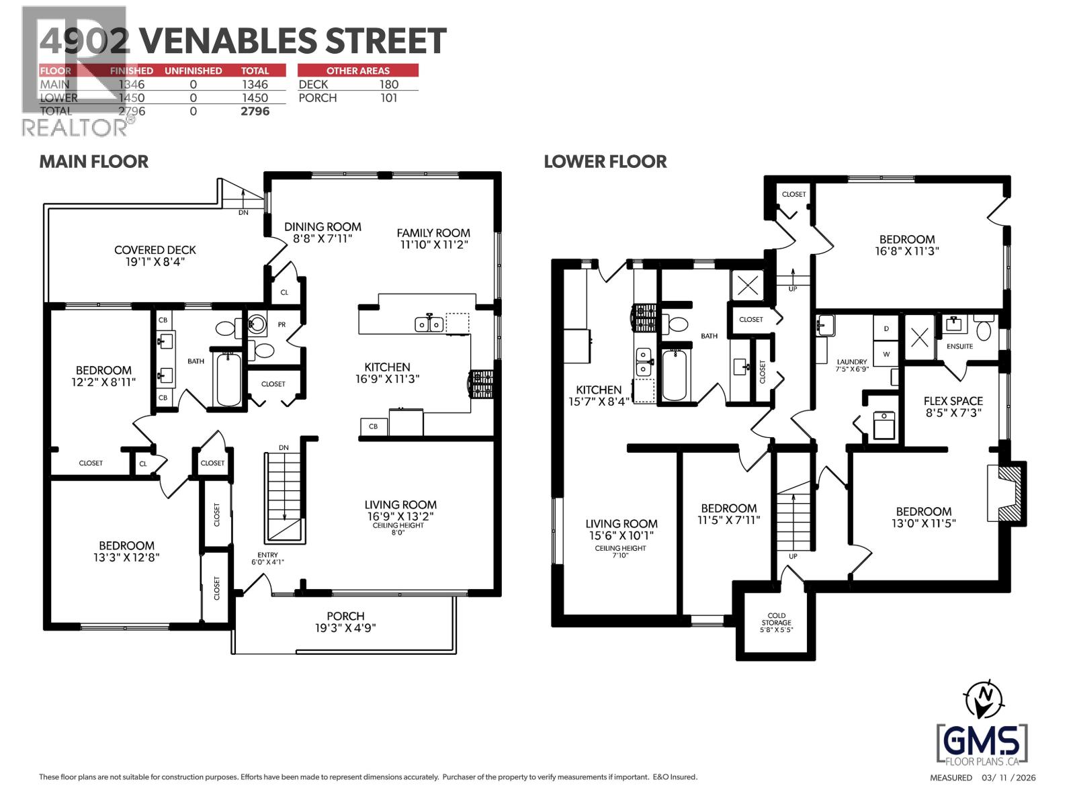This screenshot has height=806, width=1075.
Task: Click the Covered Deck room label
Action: pos(155,250)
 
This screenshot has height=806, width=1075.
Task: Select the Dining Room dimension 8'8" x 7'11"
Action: pos(322,238)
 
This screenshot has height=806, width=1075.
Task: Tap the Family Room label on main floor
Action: pos(433,233)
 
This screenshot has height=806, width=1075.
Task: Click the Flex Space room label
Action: pos(953,401)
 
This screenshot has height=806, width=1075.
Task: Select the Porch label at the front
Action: pos(345,616)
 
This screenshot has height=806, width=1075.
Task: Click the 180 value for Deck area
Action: pos(388,84)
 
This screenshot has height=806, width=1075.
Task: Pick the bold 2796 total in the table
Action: pos(255,111)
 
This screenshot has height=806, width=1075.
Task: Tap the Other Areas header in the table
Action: pos(357,71)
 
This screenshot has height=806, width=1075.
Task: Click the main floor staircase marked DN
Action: pos(285,497)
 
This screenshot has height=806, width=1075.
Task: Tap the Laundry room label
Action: pos(851,361)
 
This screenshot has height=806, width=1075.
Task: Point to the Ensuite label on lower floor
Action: pos(959,347)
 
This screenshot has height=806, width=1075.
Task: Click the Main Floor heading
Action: pos(93,161)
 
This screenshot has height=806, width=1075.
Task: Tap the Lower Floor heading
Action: pos(605,161)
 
